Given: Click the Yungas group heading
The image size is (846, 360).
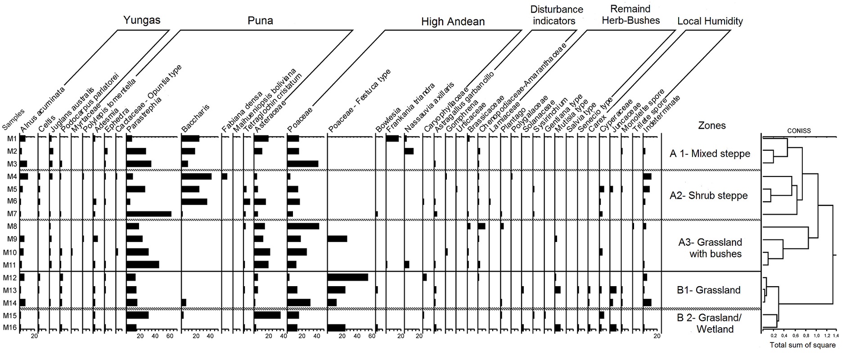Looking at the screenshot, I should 142,20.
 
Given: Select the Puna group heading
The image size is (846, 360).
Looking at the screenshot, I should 260,20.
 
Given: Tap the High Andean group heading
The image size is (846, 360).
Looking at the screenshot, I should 453,22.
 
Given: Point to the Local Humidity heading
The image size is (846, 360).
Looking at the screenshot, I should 710,21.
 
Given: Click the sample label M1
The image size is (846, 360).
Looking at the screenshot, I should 11,139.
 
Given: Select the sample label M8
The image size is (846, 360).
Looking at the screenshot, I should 11,226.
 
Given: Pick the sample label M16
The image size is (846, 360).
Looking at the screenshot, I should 10,328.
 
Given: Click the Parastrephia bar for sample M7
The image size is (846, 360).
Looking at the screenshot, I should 149,214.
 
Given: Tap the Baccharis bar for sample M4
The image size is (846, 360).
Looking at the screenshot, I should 196,176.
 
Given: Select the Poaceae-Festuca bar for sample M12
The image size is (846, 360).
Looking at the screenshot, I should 348,277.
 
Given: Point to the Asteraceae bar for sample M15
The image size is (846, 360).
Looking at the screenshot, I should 267,315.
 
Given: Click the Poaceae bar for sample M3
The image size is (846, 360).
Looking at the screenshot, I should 302,163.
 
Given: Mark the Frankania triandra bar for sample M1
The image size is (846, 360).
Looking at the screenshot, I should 392,139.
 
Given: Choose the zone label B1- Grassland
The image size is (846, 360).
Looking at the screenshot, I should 709,290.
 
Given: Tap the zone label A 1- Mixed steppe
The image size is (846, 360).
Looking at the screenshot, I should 710,153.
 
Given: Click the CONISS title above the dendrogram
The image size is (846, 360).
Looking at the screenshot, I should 799,131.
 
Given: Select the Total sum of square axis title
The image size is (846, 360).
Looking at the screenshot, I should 802,346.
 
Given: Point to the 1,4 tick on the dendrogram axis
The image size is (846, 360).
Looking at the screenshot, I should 836,336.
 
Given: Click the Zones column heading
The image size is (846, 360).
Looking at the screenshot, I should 712,126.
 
